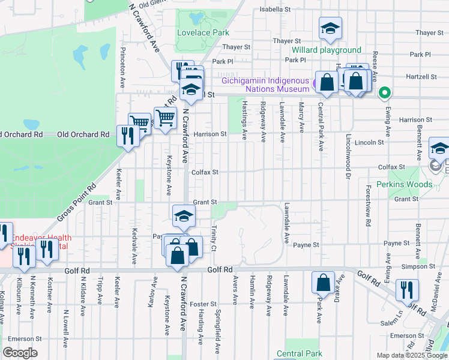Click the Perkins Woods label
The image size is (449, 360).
(404, 184)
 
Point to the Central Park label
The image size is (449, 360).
(304, 353)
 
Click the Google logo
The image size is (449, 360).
(20, 353)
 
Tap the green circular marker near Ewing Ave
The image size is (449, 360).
(385, 93)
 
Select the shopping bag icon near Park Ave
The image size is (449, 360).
(323, 281)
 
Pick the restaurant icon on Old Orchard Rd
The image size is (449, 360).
(127, 135)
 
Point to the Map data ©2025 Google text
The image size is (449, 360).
(411, 355)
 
